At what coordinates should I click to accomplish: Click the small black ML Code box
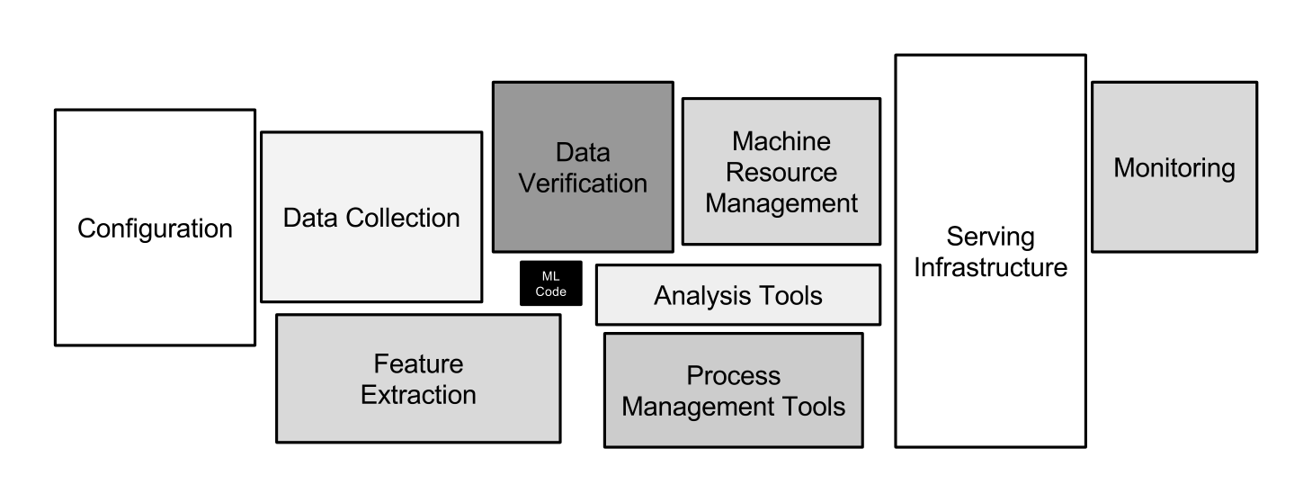(550, 283)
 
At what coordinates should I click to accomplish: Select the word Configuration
(155, 229)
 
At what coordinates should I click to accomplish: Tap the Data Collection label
(371, 218)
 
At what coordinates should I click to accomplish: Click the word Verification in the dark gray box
(583, 183)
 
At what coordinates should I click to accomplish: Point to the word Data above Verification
(583, 152)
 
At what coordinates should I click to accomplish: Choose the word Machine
(781, 141)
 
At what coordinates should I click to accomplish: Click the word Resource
(781, 172)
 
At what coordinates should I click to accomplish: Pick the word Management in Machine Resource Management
(781, 202)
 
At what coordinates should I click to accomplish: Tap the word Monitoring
(1174, 168)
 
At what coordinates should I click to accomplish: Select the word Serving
(990, 238)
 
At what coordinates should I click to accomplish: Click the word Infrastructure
(990, 267)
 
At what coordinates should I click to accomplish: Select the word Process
(733, 375)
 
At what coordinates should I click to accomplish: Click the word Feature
(418, 364)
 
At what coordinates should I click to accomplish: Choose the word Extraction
(418, 395)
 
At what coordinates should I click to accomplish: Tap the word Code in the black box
(550, 291)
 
